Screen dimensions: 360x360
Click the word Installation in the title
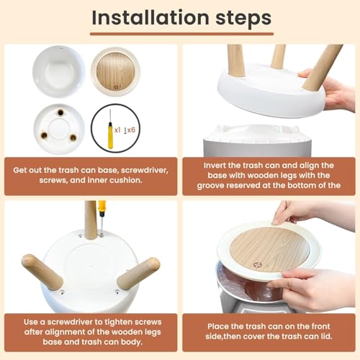click(x=150, y=17)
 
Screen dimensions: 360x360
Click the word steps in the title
click(x=243, y=19)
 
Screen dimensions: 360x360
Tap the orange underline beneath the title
click(x=181, y=34)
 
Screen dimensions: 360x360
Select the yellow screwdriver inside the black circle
click(x=110, y=130)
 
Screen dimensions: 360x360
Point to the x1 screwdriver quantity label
click(x=117, y=130)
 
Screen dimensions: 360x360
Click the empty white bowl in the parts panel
click(x=59, y=72)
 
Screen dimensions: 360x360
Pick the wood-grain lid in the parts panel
click(x=116, y=72)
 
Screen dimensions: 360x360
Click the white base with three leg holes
click(x=59, y=129)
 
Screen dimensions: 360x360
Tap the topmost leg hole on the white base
click(x=60, y=112)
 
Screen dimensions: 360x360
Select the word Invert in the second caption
click(x=214, y=166)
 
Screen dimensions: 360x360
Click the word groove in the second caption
click(x=210, y=186)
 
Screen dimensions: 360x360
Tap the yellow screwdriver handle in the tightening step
click(x=102, y=209)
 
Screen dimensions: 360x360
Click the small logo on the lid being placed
click(x=257, y=265)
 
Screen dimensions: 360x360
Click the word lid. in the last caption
click(x=325, y=336)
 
